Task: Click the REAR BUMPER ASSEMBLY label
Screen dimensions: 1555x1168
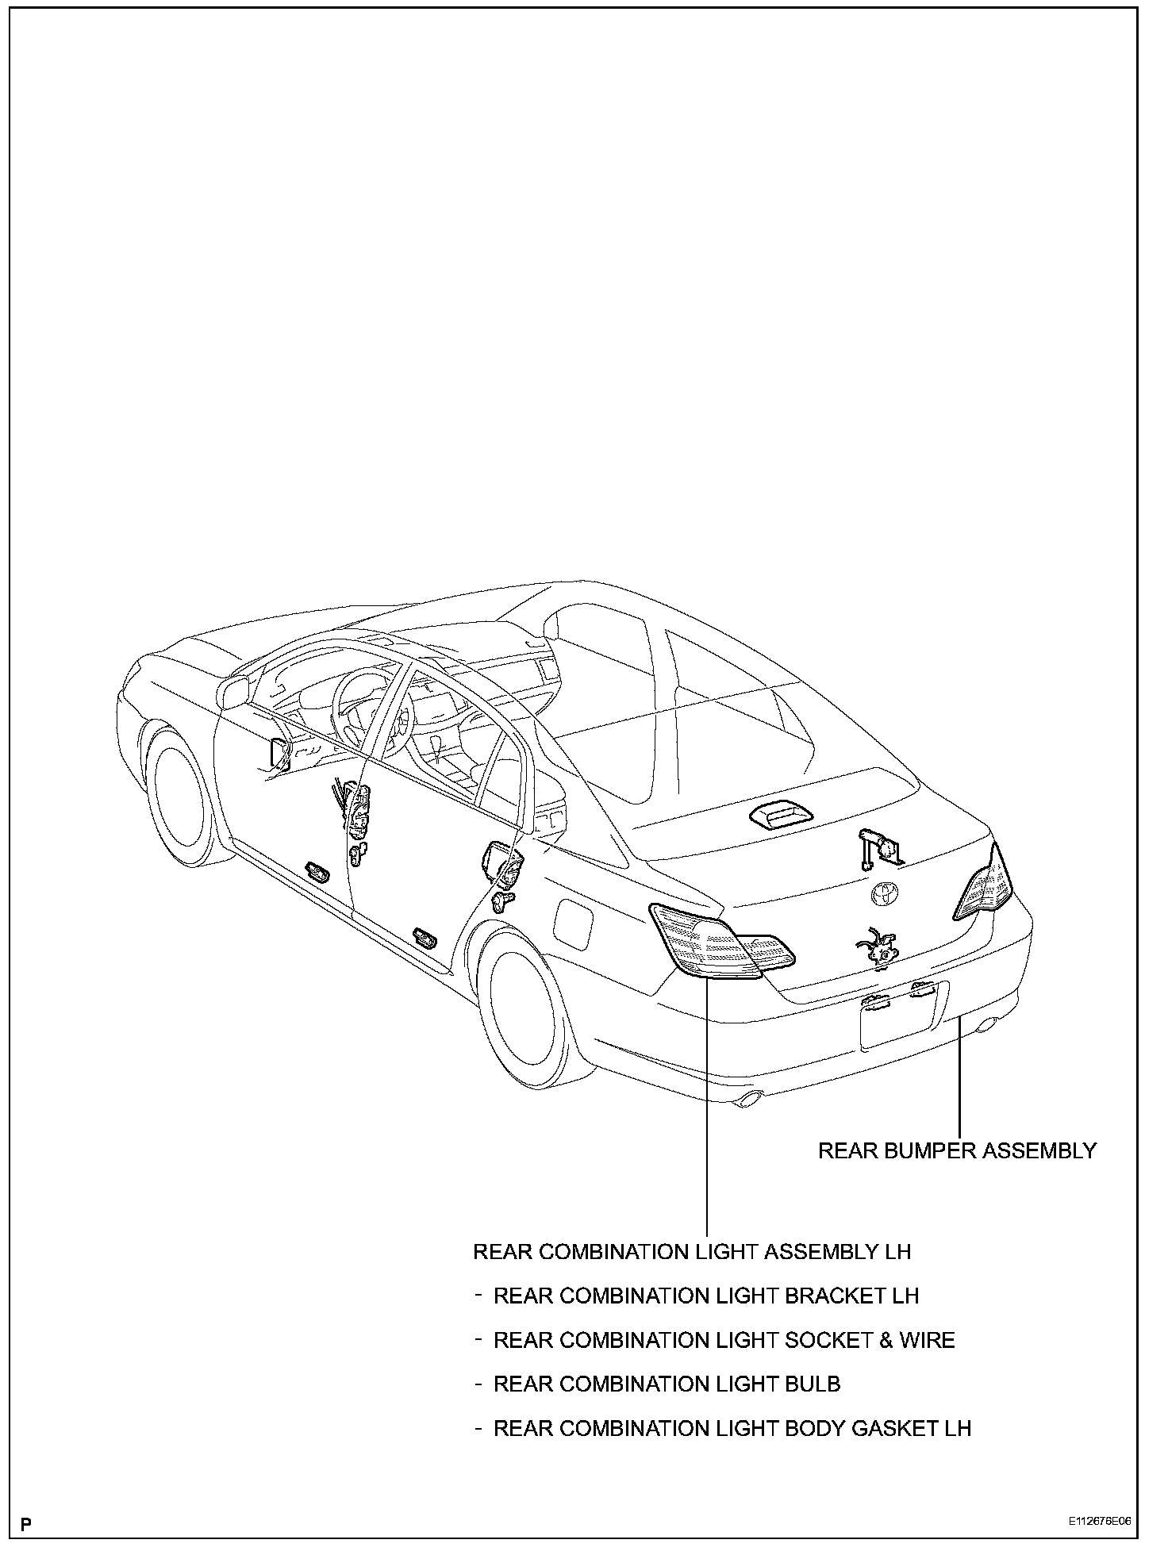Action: [957, 1150]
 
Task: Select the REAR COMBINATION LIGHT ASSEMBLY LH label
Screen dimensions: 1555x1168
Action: [692, 1251]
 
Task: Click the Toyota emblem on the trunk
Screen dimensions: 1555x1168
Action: [883, 894]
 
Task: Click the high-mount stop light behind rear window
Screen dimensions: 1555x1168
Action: [777, 816]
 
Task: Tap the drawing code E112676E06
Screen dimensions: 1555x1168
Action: [1098, 1522]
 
